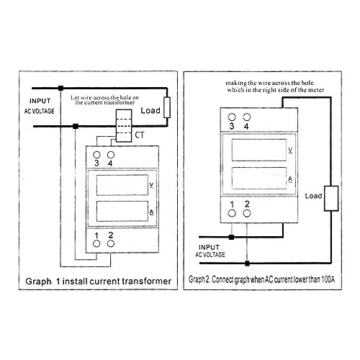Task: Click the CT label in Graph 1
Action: point(140,135)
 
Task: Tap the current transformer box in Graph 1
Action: point(124,126)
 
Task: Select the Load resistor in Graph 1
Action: point(167,107)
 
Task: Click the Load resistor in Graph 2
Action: point(331,198)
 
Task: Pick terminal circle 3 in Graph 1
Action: point(96,155)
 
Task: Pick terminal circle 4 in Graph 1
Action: point(111,155)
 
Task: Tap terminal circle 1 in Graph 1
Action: point(96,244)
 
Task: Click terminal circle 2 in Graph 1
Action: point(111,244)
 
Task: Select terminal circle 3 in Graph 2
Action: point(232,117)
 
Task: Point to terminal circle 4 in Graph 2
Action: point(247,117)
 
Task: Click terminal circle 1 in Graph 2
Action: point(232,213)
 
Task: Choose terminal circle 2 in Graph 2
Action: point(247,213)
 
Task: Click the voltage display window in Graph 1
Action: point(122,185)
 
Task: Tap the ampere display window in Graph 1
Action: point(122,211)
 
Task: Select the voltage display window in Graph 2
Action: point(259,150)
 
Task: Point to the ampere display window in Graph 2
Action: point(259,178)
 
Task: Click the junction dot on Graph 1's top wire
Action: point(61,89)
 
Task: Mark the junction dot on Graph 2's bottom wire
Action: point(247,264)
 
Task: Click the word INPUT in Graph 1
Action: point(40,101)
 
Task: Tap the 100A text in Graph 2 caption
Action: point(328,279)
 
